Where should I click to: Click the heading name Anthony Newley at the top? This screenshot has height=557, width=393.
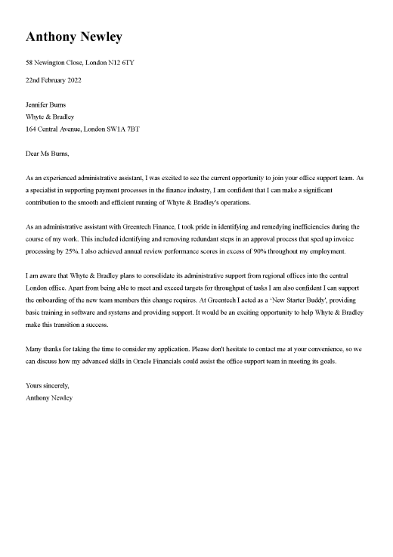coord(73,36)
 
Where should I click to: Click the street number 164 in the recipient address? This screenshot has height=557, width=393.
coord(32,129)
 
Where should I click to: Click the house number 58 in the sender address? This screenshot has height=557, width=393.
coord(29,62)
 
